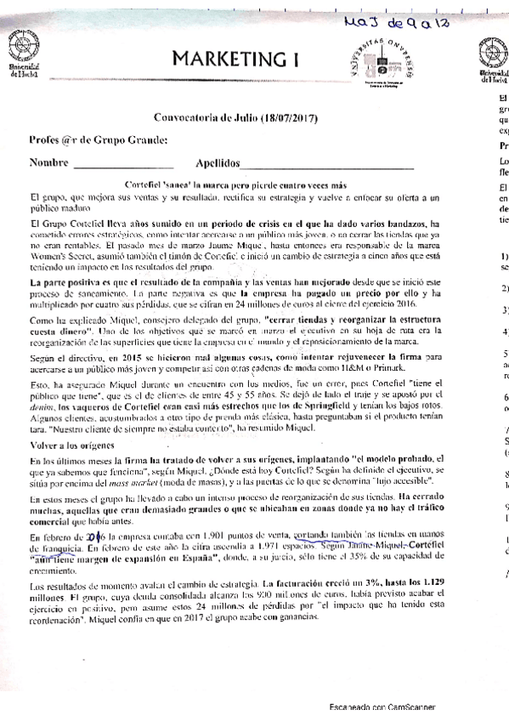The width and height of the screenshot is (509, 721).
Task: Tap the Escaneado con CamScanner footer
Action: click(x=382, y=707)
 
